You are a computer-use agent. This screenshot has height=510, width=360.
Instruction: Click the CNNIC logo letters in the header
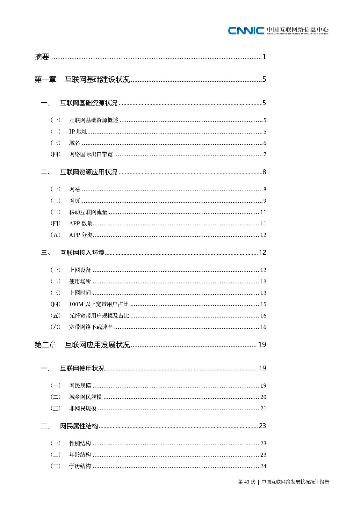[x=246, y=31]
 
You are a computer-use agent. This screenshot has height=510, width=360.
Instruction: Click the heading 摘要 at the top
[x=42, y=57]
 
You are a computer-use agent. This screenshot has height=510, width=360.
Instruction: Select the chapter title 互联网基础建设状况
[x=97, y=79]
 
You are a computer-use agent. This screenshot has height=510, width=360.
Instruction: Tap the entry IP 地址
[x=78, y=132]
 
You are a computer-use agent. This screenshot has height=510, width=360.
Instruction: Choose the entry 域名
[x=75, y=143]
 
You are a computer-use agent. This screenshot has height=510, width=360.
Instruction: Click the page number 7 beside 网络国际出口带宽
[x=265, y=155]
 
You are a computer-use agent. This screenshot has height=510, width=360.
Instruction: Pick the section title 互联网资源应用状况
[x=89, y=172]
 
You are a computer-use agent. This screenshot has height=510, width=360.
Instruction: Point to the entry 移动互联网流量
[x=88, y=212]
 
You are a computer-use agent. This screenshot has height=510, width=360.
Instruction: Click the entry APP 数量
[x=81, y=224]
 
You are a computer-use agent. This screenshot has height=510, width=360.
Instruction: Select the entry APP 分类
[x=81, y=235]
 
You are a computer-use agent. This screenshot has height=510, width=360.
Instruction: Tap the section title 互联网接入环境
[x=82, y=253]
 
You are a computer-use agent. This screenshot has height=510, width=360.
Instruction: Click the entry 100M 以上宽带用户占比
[x=99, y=304]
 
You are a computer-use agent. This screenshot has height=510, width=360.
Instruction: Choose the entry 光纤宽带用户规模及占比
[x=99, y=316]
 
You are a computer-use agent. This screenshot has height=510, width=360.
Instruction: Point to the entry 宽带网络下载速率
[x=91, y=327]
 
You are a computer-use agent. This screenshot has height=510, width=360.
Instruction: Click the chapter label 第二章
[x=45, y=345]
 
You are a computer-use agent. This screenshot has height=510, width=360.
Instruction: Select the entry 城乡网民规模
[x=85, y=397]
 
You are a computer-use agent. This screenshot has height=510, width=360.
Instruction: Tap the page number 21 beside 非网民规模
[x=263, y=409]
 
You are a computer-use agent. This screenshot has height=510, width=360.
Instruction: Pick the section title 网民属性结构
[x=79, y=426]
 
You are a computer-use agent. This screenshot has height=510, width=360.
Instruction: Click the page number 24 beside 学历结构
[x=263, y=466]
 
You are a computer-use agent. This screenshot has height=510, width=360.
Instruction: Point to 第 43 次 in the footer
[x=247, y=482]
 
